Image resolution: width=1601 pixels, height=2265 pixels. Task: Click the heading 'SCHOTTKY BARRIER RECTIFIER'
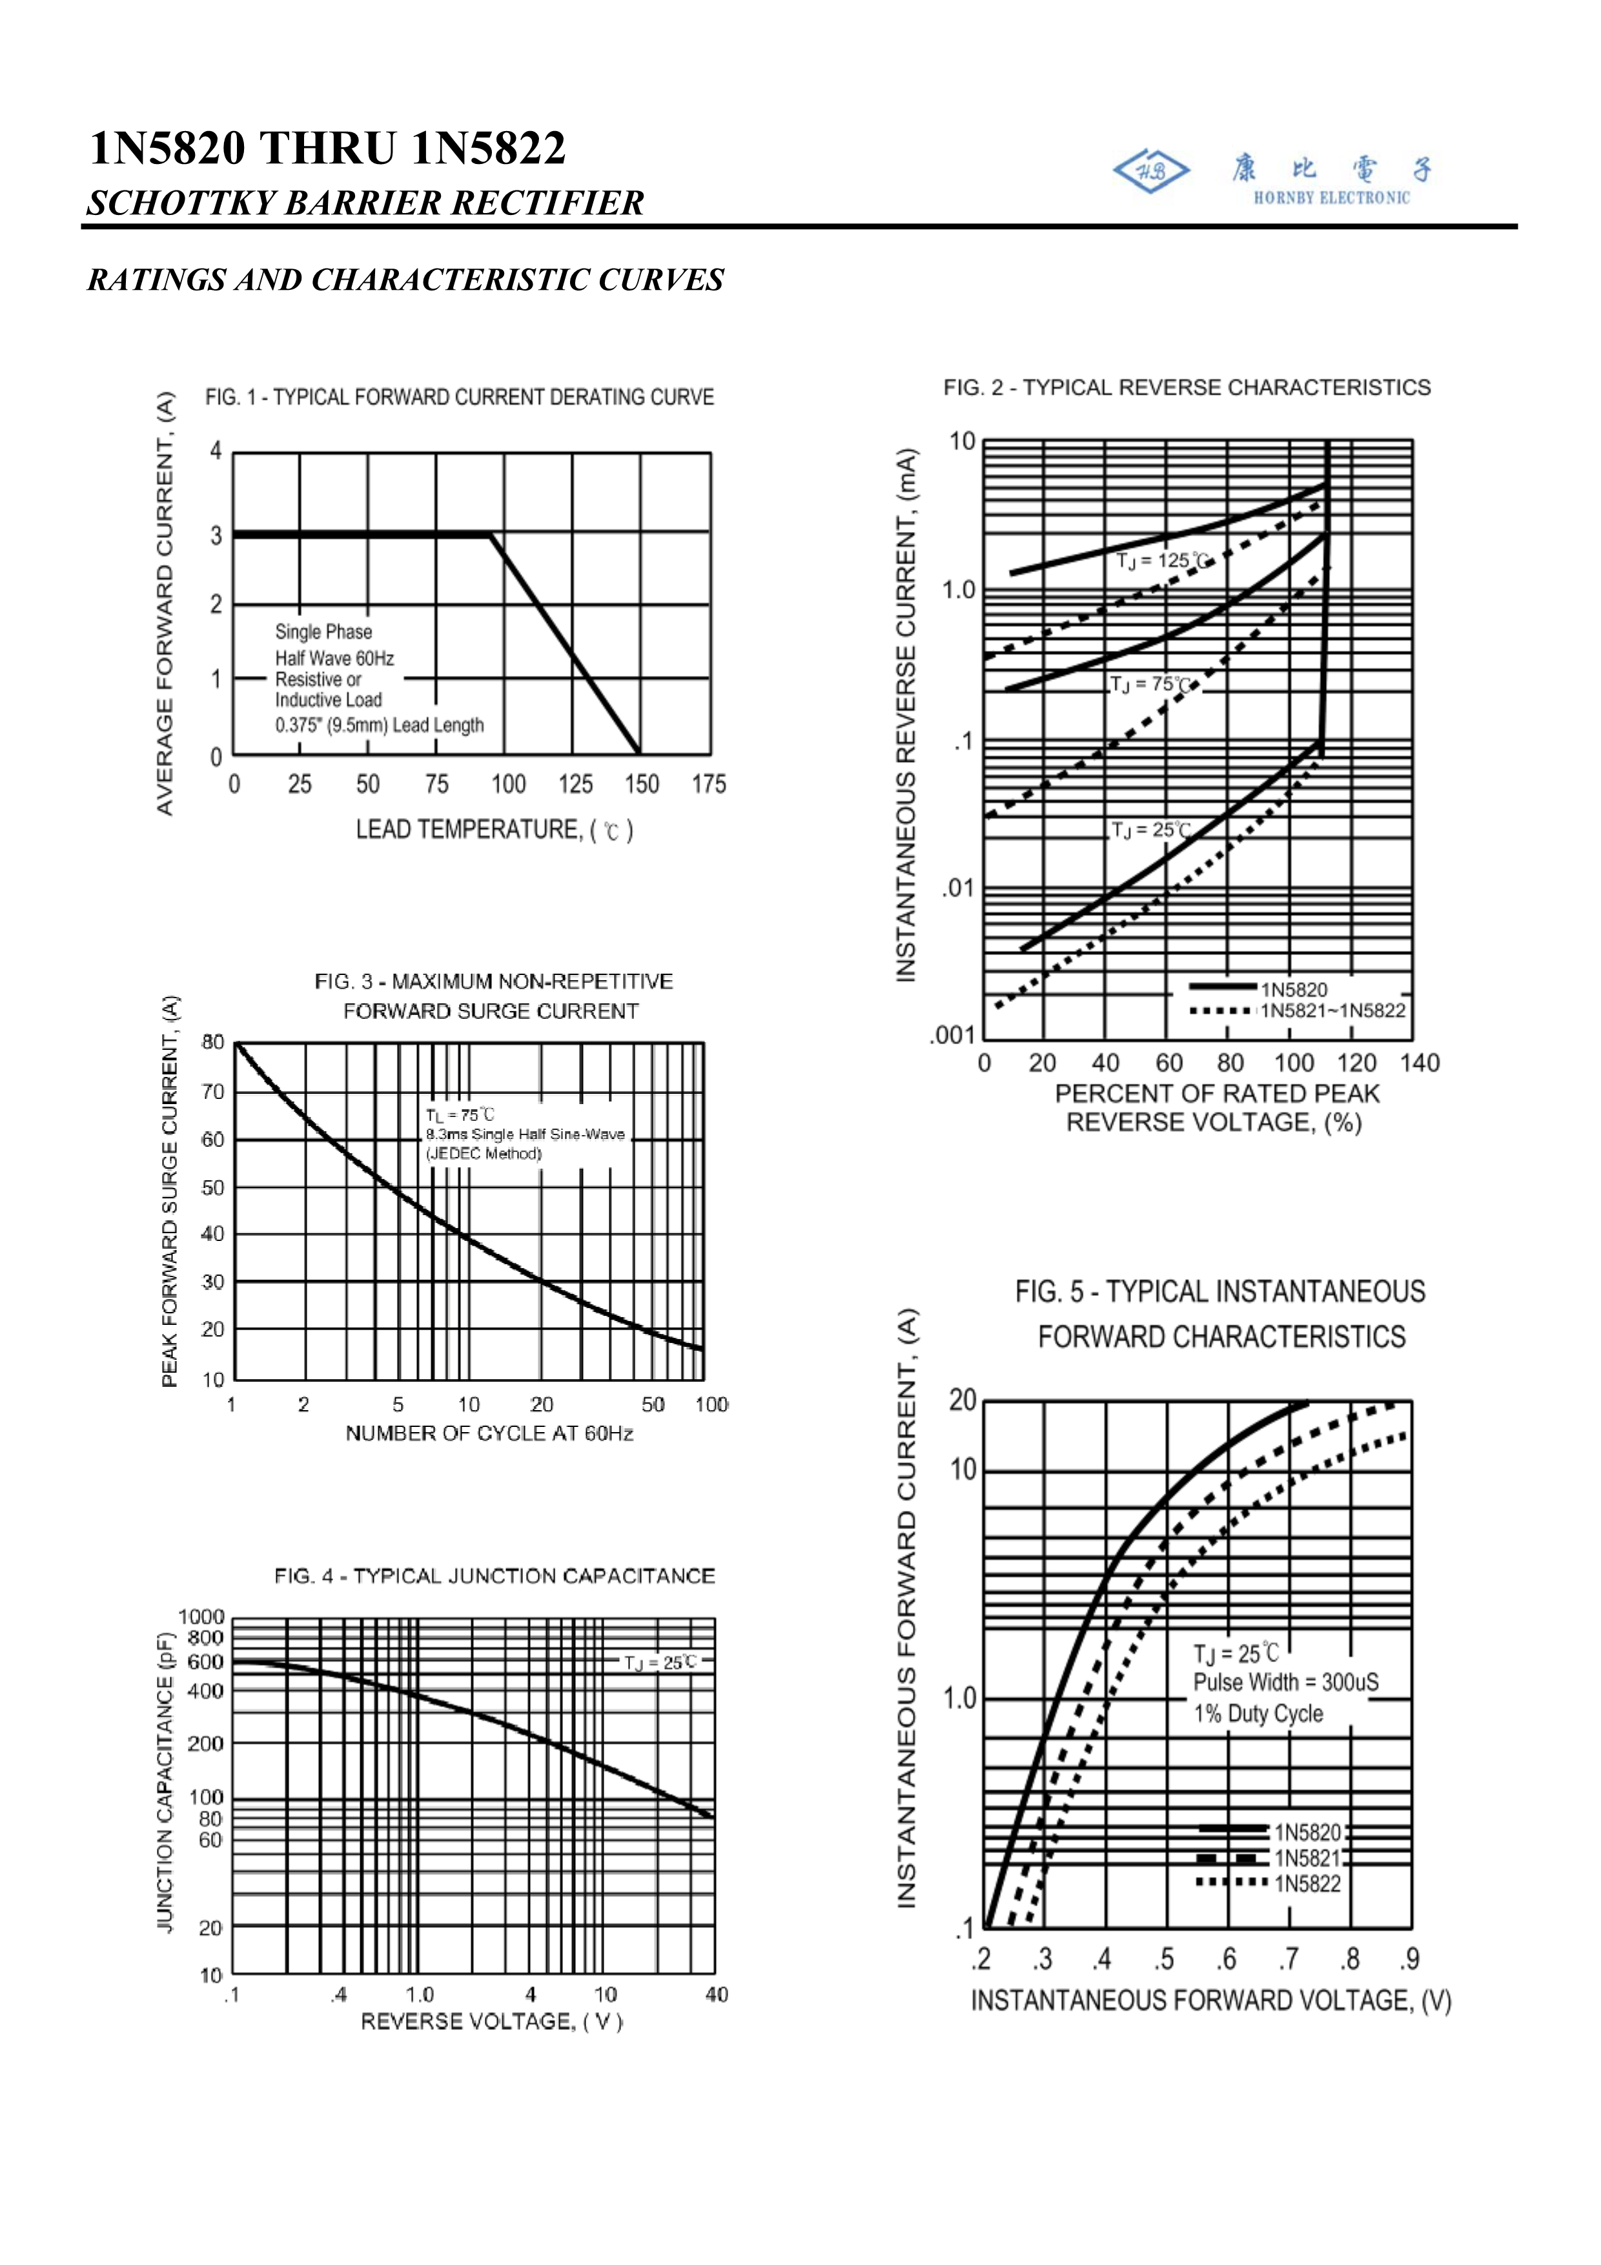365,203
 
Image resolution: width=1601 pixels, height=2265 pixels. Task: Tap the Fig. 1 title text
459,398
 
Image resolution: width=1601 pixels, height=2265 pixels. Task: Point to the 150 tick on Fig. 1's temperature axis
641,784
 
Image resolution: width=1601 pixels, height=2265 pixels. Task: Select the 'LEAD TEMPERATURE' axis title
493,830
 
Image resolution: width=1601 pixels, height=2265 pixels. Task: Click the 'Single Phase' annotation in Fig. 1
323,632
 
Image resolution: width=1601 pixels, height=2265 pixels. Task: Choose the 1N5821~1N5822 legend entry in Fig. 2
1332,1010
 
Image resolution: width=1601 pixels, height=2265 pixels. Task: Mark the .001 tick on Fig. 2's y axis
952,1035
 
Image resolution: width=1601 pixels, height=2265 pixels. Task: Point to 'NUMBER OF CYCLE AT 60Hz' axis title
489,1433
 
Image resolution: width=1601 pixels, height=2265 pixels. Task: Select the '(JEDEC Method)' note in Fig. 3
484,1154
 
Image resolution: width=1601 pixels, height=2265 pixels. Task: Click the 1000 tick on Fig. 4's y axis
201,1616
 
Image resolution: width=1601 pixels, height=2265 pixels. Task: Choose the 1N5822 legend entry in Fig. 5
1307,1884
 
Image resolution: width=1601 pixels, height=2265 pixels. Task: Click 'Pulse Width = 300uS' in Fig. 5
1285,1683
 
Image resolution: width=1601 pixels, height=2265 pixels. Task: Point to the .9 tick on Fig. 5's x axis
1411,1958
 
